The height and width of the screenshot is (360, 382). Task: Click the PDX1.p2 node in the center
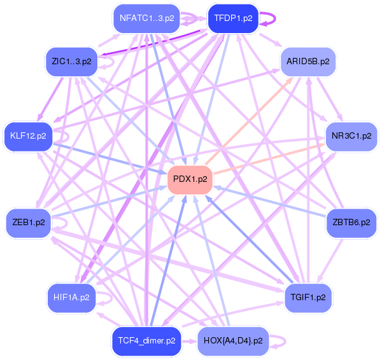pos(189,179)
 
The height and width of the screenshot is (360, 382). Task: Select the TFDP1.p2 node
pos(232,18)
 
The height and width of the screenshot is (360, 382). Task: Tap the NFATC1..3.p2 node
pos(146,18)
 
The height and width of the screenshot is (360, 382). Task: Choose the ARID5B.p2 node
pos(308,61)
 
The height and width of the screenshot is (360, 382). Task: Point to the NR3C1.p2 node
pos(351,135)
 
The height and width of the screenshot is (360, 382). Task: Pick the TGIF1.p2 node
pos(308,297)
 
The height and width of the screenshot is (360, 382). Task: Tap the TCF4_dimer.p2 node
pos(146,340)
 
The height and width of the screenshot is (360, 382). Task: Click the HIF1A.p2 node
pos(71,296)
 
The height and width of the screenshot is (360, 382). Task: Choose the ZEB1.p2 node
pos(29,222)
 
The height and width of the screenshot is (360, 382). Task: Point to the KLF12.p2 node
pos(28,135)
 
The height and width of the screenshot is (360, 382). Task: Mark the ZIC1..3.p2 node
pos(71,61)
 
